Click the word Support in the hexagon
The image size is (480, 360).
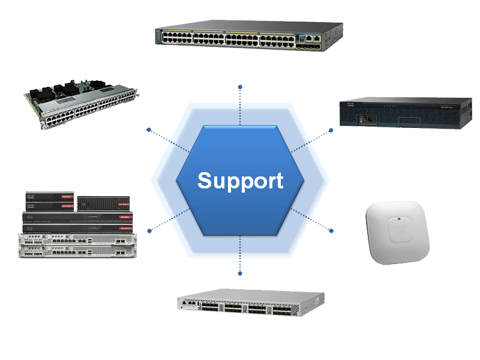pyautogui.click(x=240, y=181)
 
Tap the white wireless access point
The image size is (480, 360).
pyautogui.click(x=398, y=232)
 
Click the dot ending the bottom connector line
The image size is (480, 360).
pyautogui.click(x=240, y=274)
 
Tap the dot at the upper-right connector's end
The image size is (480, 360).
pyautogui.click(x=331, y=130)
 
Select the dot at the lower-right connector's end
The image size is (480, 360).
pyautogui.click(x=331, y=230)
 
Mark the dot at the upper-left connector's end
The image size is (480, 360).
pyautogui.click(x=148, y=129)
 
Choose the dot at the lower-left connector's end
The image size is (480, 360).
pyautogui.click(x=149, y=230)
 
